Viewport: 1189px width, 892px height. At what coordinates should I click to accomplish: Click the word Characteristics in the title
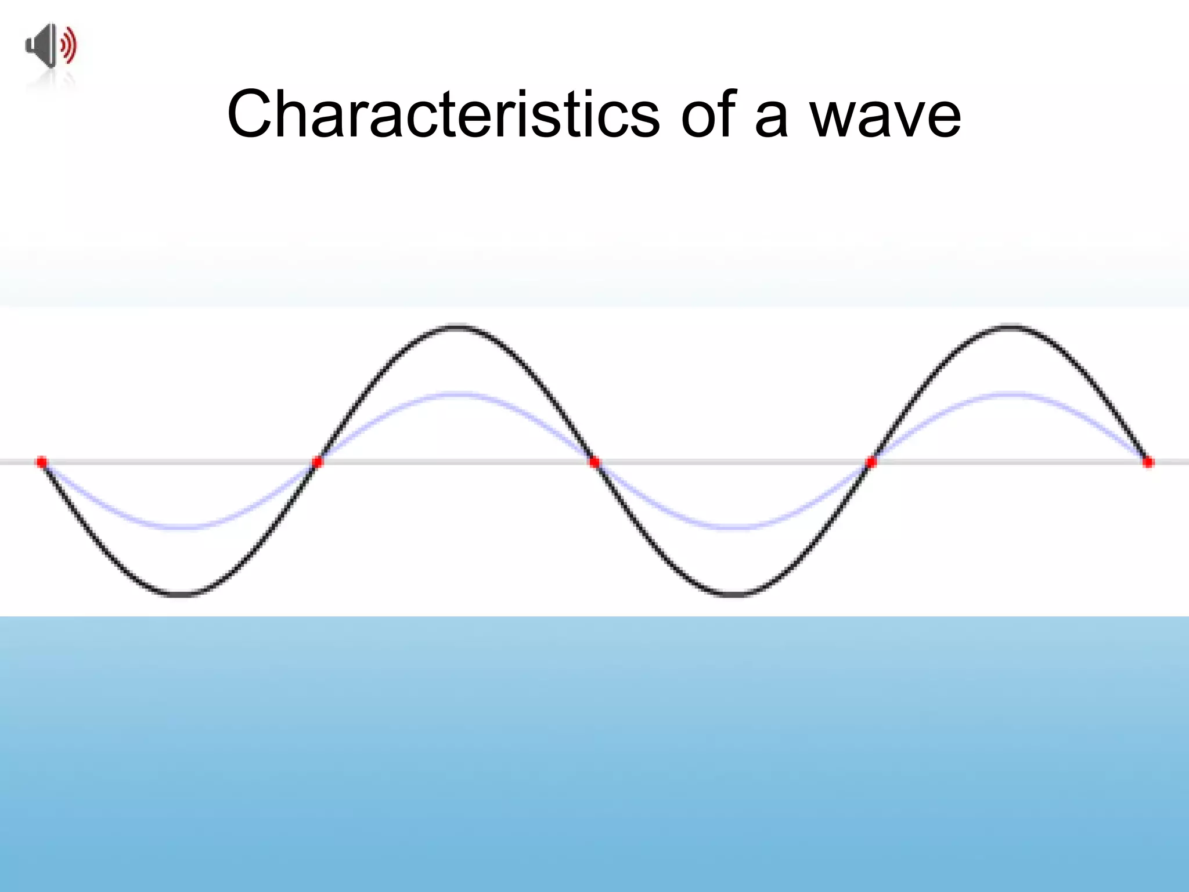tap(443, 114)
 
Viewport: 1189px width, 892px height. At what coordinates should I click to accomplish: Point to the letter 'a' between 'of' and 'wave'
tap(771, 119)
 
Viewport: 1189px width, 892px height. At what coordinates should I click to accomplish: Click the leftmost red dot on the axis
tap(42, 462)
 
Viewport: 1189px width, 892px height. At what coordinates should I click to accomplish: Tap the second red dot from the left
tap(317, 462)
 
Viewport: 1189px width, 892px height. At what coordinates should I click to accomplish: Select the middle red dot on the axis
tap(594, 462)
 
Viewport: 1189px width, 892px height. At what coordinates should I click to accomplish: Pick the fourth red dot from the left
tap(871, 462)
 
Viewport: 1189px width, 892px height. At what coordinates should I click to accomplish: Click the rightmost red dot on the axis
tap(1148, 462)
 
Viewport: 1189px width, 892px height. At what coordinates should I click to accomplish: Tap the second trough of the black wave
tap(734, 594)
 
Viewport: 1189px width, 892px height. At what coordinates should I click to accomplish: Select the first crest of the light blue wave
tap(457, 395)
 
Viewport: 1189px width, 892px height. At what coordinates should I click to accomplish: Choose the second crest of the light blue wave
tap(1011, 395)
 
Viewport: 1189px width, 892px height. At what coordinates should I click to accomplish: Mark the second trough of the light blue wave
tap(734, 527)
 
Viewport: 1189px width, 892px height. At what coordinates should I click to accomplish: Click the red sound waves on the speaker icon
tap(69, 45)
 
